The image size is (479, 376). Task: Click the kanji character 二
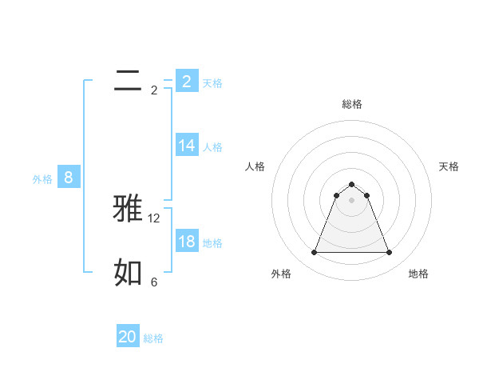pos(128,81)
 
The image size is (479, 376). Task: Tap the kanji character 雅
pos(129,208)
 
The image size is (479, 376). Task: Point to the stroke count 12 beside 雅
pos(154,218)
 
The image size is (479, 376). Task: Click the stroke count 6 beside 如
pos(154,282)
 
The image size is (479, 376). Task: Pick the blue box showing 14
pos(187,146)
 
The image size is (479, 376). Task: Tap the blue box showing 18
pos(187,242)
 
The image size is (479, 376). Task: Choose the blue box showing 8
pos(69,178)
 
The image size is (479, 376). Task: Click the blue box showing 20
pos(128,337)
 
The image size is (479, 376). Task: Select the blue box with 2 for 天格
pos(187,81)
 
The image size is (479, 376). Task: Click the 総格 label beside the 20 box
pos(153,338)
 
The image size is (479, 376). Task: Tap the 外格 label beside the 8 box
pos(42,179)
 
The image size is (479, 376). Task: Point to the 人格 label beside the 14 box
pos(212,147)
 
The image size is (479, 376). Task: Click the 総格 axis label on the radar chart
pos(352,104)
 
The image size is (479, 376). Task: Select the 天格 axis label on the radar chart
pos(449,166)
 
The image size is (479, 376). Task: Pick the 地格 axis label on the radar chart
pos(418,274)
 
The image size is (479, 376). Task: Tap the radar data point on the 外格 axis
pos(314,253)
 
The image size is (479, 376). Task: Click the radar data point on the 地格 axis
pos(390,253)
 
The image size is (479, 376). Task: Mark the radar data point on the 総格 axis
pos(352,185)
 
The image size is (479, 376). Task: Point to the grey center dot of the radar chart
pos(352,200)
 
